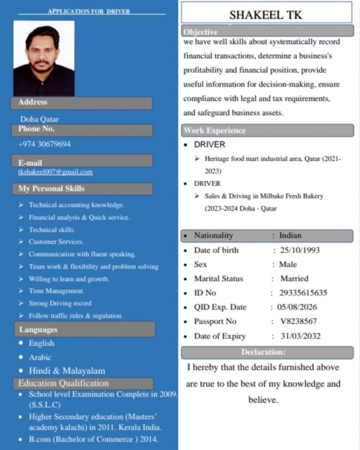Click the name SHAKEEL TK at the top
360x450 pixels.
coord(266,15)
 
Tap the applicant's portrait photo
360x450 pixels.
coord(44,58)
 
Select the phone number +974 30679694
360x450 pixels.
coord(45,144)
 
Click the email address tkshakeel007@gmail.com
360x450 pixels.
coord(55,172)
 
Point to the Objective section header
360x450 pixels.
coord(201,32)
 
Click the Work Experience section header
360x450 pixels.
coord(215,130)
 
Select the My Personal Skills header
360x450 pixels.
coord(52,189)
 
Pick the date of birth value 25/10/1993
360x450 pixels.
coord(300,250)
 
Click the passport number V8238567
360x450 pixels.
coord(298,321)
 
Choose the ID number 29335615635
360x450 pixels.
coord(303,293)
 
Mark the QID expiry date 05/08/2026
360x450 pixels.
coord(297,307)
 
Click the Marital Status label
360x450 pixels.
coord(218,278)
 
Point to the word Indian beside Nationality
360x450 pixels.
coord(290,235)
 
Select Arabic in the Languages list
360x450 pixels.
coord(40,357)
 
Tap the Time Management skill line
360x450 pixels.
coord(56,291)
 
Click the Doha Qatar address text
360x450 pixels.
coord(39,119)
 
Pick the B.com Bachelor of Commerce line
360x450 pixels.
coord(93,439)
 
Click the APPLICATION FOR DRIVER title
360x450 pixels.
coord(89,11)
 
